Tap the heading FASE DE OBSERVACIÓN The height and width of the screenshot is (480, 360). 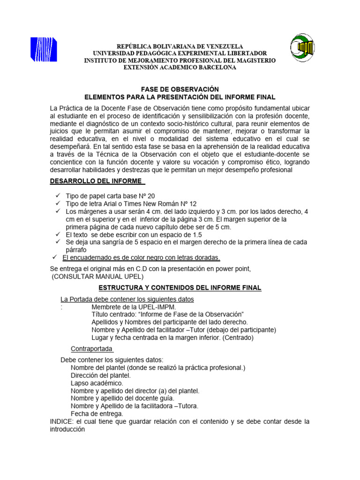[x=180, y=89]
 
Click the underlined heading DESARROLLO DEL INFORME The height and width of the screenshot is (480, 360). [x=96, y=181]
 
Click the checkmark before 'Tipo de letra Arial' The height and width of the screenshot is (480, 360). [x=58, y=204]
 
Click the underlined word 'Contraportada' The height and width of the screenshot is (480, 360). [x=92, y=349]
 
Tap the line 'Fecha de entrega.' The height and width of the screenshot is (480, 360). [x=97, y=414]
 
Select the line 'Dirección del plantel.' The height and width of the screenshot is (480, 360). [x=101, y=375]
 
